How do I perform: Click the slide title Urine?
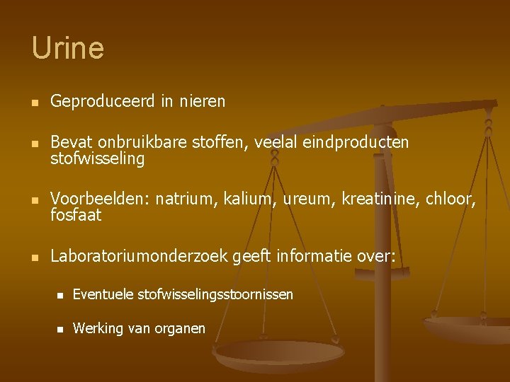tap(67, 48)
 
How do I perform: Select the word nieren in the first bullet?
tap(201, 102)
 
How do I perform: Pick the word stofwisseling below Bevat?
tap(97, 159)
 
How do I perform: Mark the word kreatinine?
tap(380, 199)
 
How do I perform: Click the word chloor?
tap(450, 199)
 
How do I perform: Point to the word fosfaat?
tap(76, 215)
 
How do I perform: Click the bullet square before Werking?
tap(62, 329)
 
